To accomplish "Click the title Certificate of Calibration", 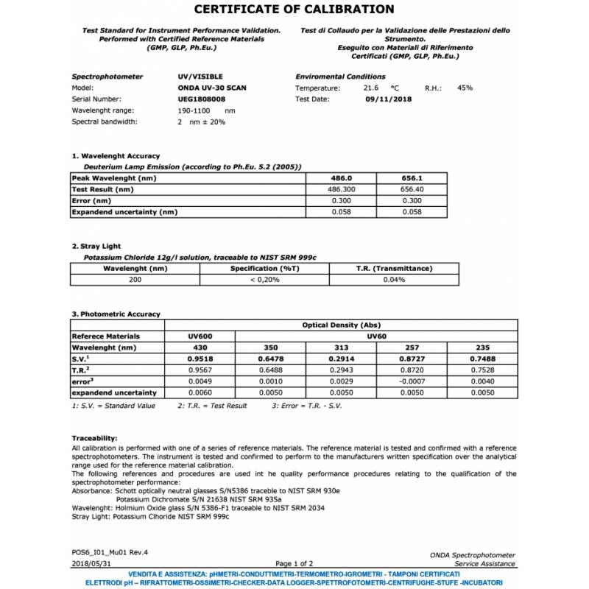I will coord(294,10).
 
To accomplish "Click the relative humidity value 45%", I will coord(465,88).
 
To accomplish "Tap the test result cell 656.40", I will coord(412,189).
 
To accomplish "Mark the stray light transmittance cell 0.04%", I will coord(394,280).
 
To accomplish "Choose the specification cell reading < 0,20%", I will coord(264,280).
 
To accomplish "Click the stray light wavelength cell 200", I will coord(135,280).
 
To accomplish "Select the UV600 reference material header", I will coord(200,336).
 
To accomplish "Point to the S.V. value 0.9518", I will coord(200,359).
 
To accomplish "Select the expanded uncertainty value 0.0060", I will coord(200,393).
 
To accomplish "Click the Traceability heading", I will coord(94,438).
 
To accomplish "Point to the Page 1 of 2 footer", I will coord(294,563).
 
